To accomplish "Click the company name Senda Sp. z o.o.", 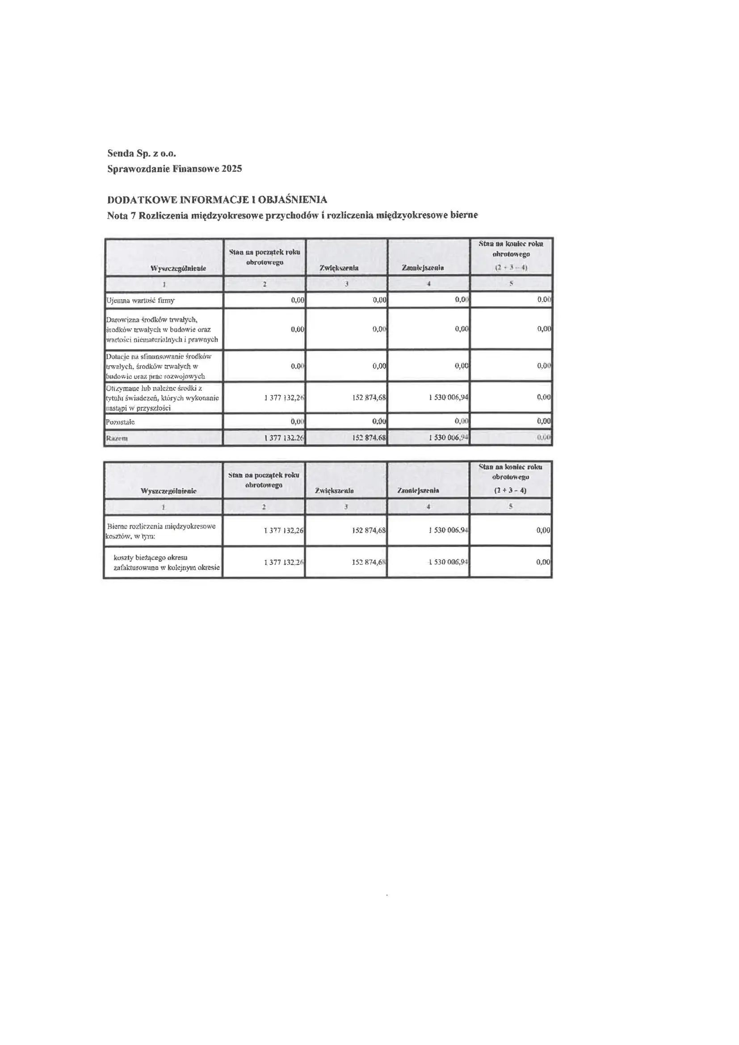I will pos(142,153).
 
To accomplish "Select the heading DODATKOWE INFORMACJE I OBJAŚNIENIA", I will pos(217,199).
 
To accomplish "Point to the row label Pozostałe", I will pos(120,422).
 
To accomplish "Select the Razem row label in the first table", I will pos(117,438).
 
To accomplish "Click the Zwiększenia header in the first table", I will pos(339,268).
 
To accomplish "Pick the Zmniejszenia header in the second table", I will pos(418,491).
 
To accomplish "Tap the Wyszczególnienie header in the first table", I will pos(178,269).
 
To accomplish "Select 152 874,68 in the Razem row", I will pos(369,438).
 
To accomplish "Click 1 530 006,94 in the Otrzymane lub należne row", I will pos(448,397).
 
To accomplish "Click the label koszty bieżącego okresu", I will pos(151,557).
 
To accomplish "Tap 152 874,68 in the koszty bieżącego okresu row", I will pos(369,562).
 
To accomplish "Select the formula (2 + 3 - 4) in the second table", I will pos(510,491).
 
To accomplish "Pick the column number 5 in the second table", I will pos(511,506).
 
